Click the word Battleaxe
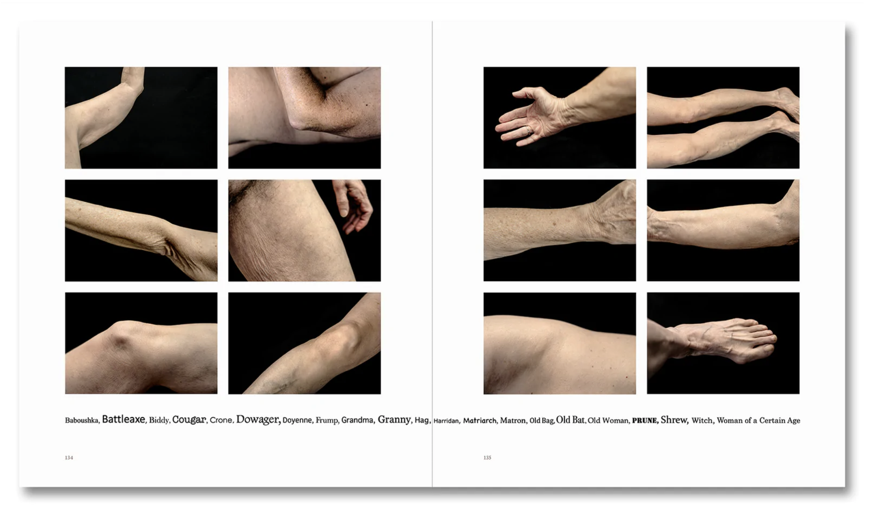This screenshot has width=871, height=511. (x=123, y=419)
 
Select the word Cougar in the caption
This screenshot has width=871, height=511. (x=189, y=420)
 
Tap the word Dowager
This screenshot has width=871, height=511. (x=258, y=420)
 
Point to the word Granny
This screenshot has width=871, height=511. (x=394, y=420)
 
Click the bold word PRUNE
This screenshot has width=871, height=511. (x=644, y=421)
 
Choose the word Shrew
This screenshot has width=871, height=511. (x=674, y=420)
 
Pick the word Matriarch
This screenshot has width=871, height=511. (x=480, y=421)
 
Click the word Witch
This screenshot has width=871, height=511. (x=702, y=421)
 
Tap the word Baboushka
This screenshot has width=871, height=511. (x=82, y=420)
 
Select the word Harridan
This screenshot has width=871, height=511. (x=446, y=421)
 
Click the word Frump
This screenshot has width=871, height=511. (x=327, y=421)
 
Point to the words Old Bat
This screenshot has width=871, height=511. (x=570, y=420)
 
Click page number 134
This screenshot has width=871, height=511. (x=69, y=458)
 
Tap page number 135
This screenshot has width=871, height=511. (x=487, y=458)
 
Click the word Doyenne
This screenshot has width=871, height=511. (x=297, y=420)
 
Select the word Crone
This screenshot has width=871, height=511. (x=221, y=420)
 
